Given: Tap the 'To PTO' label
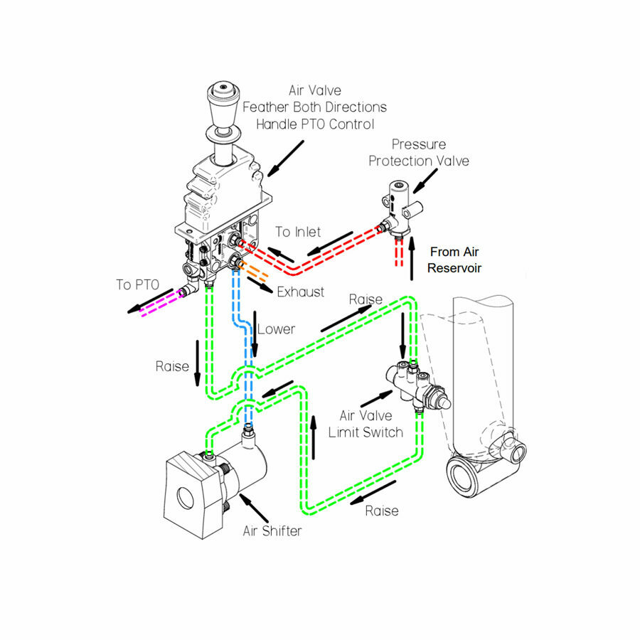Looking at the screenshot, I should coord(136,284).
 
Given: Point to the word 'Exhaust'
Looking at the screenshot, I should coord(300,292).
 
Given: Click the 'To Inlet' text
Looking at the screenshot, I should coord(298,232).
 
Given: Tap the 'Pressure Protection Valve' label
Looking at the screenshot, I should coord(418,153).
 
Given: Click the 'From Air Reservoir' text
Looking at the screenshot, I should coord(455,260).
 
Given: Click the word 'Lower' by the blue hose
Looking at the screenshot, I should coord(276,329).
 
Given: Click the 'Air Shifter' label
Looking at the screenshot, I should coord(272,530).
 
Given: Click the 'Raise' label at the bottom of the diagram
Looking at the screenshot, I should coord(381,511).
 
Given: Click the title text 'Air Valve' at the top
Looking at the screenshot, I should coord(314,90).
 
